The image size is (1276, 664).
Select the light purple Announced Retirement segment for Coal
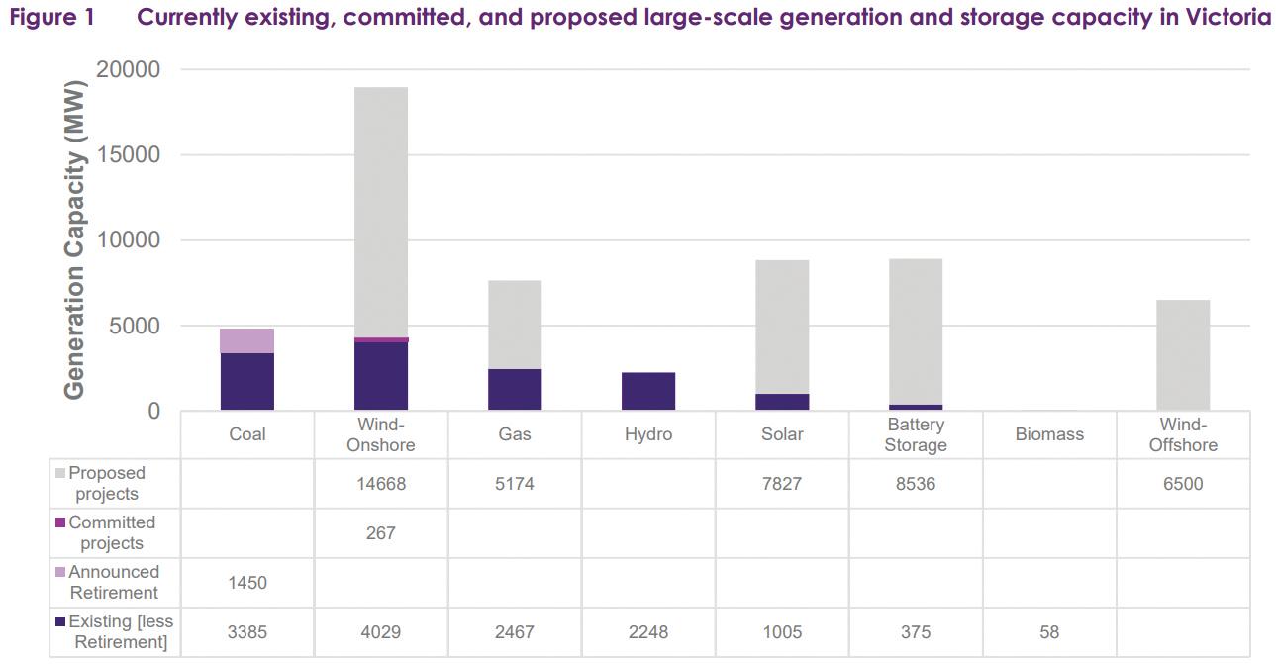tap(247, 340)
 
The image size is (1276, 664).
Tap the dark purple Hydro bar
tap(648, 391)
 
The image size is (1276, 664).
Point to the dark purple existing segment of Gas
tap(515, 389)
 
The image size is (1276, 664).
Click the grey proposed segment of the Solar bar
tap(782, 327)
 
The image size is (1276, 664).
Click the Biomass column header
tap(1049, 434)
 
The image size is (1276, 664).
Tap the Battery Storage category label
tap(916, 434)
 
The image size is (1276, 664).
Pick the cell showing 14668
tap(380, 484)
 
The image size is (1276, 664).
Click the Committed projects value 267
tap(380, 533)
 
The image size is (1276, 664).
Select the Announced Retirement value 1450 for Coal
tap(246, 583)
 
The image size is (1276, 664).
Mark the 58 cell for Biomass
tap(1049, 632)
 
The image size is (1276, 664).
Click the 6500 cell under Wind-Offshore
tap(1183, 484)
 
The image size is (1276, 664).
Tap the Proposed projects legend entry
tap(107, 483)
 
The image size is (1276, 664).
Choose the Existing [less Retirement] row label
tap(111, 631)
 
